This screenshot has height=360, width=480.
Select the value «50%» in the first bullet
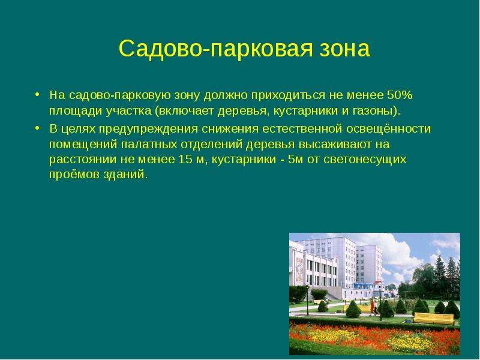pos(400,95)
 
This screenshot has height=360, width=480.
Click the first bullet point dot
pos(37,94)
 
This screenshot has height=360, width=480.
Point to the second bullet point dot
pos(37,128)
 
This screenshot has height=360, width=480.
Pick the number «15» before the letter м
pos(185,160)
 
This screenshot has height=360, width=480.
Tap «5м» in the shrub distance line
pos(295,160)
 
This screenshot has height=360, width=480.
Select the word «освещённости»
pos(388,128)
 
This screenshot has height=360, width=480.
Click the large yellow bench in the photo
pos(433,319)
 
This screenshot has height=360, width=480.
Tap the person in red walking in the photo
pos(372,307)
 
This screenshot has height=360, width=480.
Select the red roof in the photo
pos(379,282)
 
